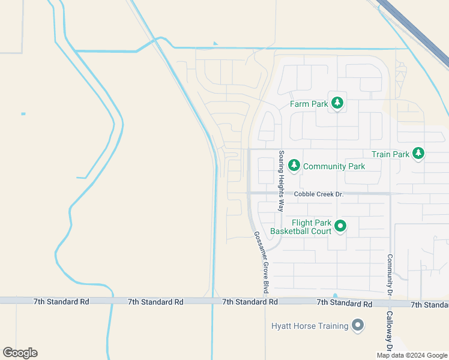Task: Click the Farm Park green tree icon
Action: click(337, 104)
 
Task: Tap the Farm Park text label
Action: click(309, 104)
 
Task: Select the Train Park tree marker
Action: click(418, 154)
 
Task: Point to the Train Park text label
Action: click(390, 154)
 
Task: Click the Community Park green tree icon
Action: click(294, 166)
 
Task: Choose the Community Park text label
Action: click(334, 166)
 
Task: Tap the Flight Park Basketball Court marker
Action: click(340, 226)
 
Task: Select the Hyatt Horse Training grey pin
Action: click(358, 326)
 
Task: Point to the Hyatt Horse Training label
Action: click(309, 326)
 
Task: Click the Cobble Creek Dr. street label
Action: click(318, 194)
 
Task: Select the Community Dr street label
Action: click(390, 274)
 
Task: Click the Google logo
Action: click(20, 352)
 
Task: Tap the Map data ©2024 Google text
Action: click(412, 355)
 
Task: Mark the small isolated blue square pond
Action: click(23, 113)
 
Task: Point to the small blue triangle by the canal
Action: click(215, 43)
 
